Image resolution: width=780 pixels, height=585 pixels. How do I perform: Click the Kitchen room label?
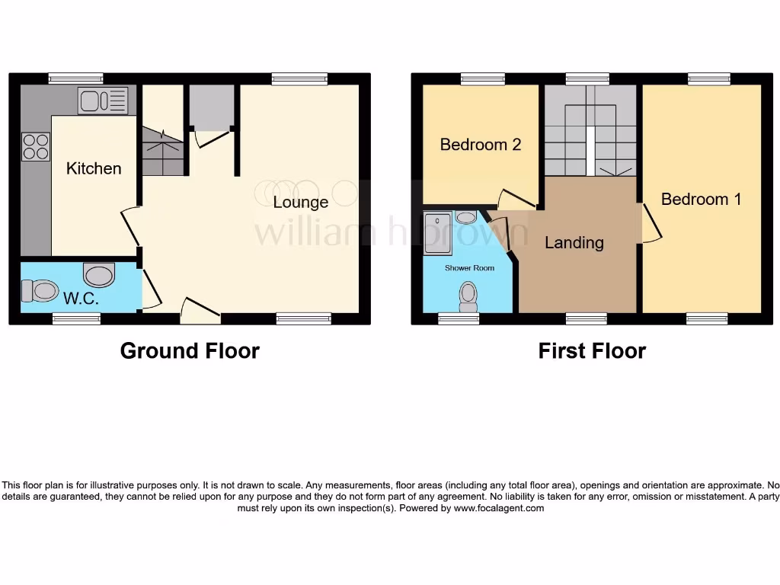[x=94, y=168]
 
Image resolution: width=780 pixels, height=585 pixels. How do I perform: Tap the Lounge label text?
[x=301, y=202]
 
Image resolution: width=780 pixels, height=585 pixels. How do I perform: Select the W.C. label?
[x=81, y=299]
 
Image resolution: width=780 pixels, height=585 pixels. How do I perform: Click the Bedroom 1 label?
[x=701, y=199]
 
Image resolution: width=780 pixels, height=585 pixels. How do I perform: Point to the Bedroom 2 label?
[x=481, y=144]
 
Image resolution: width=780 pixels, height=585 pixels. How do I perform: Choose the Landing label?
[x=574, y=242]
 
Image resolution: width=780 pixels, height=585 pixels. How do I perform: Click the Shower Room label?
[x=469, y=268]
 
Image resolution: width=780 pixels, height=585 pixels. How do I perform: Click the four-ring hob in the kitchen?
[x=36, y=146]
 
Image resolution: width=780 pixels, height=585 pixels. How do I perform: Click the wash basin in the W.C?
[x=98, y=273]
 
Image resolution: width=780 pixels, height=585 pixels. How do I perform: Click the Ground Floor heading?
[x=190, y=350]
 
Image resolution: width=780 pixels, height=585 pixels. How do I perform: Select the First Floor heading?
[x=592, y=350]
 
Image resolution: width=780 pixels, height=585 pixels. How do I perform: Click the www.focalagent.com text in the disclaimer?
[x=499, y=508]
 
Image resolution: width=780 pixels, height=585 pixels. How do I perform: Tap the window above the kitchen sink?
[x=75, y=78]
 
